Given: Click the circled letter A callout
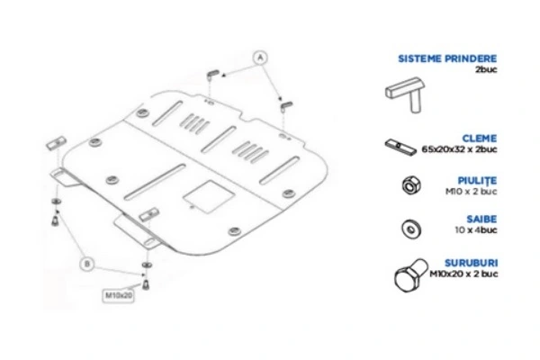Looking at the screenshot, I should click(261, 56).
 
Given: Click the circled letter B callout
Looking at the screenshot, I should click(86, 264).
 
